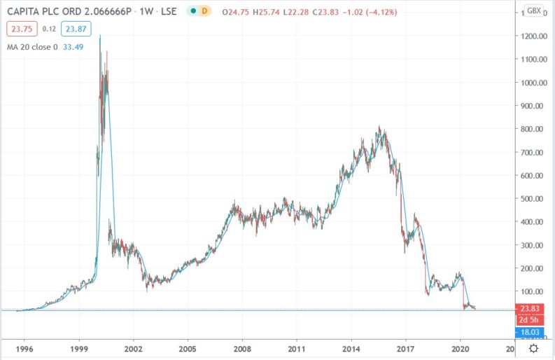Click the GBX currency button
tap(533, 11)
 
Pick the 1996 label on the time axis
tap(24, 347)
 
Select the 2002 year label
tap(134, 347)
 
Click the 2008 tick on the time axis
tap(242, 347)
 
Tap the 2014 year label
tap(351, 347)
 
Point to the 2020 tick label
tap(460, 347)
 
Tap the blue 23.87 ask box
tap(74, 29)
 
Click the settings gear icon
tap(534, 347)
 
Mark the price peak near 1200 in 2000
tap(100, 35)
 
